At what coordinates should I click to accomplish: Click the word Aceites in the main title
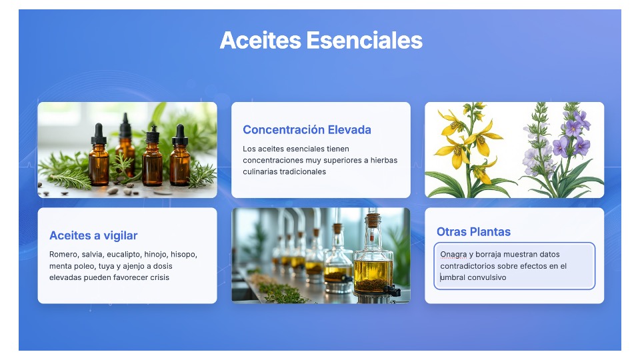[261, 41]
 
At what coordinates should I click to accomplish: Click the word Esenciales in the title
[365, 41]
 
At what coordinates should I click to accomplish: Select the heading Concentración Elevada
[307, 130]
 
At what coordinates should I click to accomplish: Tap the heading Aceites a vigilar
[93, 235]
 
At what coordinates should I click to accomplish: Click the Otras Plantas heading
[473, 232]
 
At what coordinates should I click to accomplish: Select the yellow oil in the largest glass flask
[373, 276]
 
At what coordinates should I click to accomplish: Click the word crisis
[159, 277]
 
